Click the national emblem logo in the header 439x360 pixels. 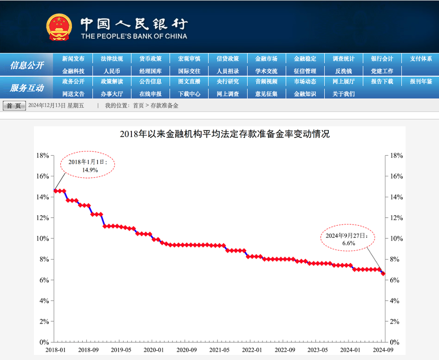click(59, 27)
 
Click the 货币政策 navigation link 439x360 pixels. click(151, 59)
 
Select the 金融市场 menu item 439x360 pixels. click(266, 59)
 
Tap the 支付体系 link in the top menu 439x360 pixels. click(421, 59)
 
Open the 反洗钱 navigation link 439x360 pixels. click(343, 71)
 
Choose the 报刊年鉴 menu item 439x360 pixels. click(421, 81)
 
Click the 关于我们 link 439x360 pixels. click(343, 94)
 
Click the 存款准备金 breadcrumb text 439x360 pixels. click(164, 105)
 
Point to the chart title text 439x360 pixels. click(224, 134)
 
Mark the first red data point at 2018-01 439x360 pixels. click(55, 190)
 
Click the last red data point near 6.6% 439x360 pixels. click(383, 274)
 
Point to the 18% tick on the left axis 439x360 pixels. click(42, 156)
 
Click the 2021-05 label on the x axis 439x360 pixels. click(219, 350)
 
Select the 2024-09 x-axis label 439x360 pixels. click(383, 350)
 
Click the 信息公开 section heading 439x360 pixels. click(27, 65)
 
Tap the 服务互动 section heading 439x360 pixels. click(27, 88)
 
